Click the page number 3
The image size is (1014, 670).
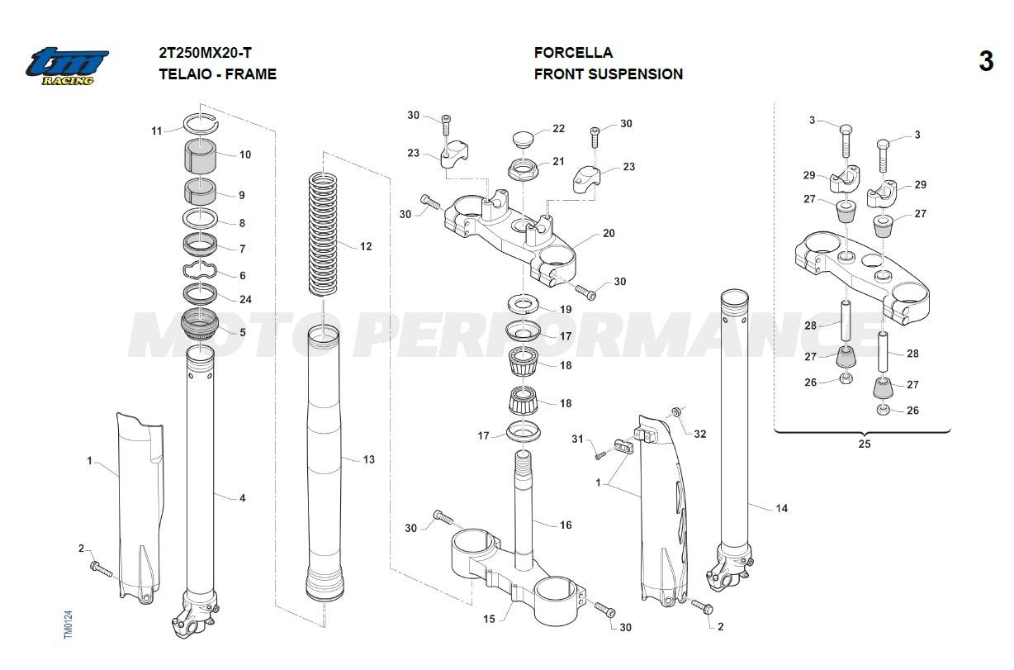986,62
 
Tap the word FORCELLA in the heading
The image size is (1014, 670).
573,53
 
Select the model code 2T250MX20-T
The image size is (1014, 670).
206,53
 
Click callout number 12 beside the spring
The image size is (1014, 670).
366,246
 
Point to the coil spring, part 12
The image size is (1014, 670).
325,233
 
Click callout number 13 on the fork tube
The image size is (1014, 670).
368,459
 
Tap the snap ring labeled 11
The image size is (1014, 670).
201,122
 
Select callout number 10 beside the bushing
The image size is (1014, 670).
245,154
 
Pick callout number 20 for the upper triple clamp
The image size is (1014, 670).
609,234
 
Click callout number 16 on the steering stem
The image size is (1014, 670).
566,525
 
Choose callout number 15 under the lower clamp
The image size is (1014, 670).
489,619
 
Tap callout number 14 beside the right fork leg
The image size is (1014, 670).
781,508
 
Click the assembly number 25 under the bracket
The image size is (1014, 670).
864,444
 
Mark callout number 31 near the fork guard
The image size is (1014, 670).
577,439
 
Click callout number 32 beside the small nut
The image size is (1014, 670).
699,434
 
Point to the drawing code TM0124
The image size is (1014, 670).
69,623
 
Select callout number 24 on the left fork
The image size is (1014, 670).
245,300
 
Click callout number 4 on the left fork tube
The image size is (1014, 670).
242,498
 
